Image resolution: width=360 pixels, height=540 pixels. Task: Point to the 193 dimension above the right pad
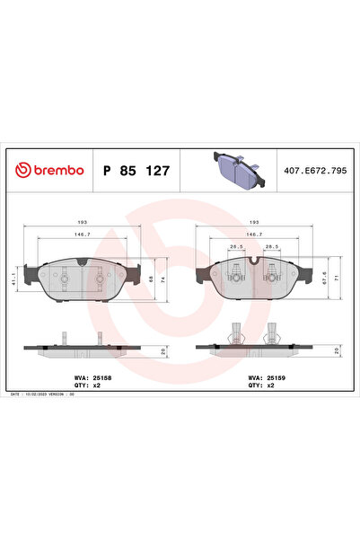tap(254, 220)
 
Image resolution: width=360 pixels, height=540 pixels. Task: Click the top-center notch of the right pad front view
tap(255, 261)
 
